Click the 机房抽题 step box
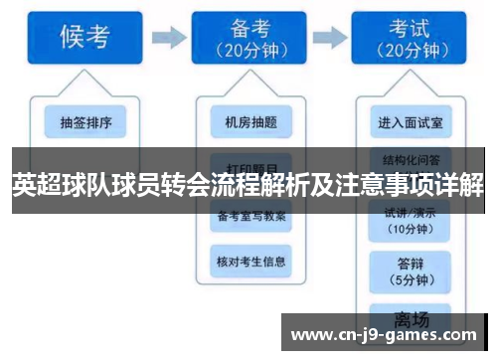pos(251,123)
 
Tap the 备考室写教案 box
pos(251,215)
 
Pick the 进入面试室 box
pos(411,123)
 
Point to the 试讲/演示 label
pos(411,213)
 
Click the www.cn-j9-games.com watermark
pos(388,335)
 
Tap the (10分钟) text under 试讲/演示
pos(411,229)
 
